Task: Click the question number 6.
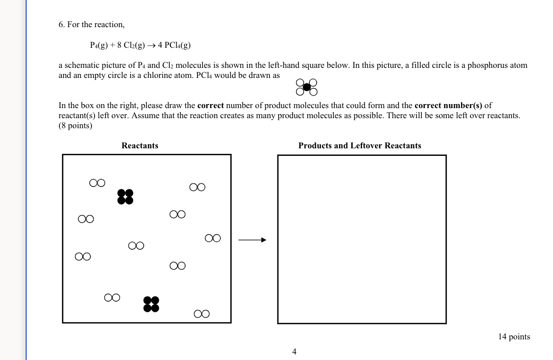[x=61, y=25]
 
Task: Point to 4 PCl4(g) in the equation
[x=174, y=45]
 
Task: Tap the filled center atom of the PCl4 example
[x=307, y=87]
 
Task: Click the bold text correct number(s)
[x=448, y=106]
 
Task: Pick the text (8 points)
[x=75, y=126]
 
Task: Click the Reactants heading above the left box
[x=140, y=146]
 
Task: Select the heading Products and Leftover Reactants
[x=359, y=146]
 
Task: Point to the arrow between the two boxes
[x=252, y=240]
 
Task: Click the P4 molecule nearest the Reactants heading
[x=125, y=197]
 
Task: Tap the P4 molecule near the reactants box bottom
[x=151, y=304]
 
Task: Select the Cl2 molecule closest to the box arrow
[x=213, y=238]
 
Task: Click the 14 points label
[x=514, y=337]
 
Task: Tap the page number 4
[x=294, y=352]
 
